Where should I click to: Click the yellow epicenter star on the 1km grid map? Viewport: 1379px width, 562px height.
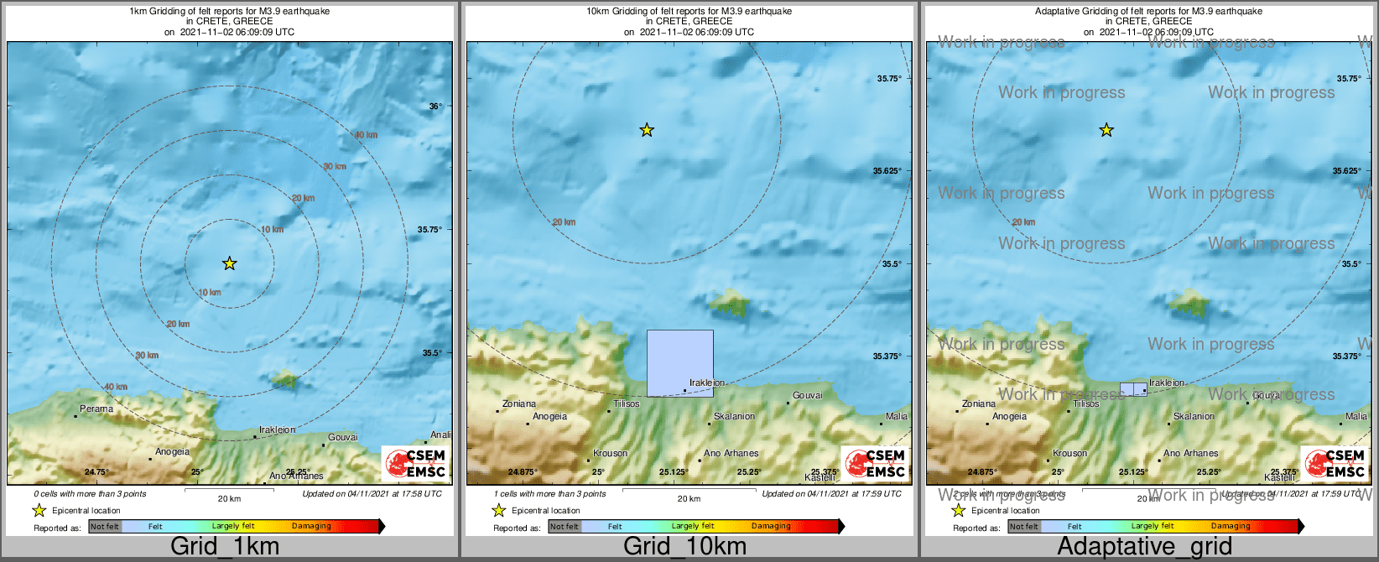229,263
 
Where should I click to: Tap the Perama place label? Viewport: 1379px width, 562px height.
96,409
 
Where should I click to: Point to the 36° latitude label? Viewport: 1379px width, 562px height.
435,107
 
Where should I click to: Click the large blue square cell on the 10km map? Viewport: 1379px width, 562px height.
679,362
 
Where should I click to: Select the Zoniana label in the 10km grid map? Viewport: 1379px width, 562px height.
519,404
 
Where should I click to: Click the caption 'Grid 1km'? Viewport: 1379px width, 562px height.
225,546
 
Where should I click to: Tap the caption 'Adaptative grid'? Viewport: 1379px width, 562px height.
1144,546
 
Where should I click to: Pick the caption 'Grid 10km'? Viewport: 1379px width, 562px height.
684,546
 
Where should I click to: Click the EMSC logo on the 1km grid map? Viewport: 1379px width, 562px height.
414,464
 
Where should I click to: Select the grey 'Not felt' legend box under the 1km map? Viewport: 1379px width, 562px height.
105,527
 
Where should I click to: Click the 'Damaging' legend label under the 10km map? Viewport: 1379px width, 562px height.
771,527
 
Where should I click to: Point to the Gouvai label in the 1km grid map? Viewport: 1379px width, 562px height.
342,437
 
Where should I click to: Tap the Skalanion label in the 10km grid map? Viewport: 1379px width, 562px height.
734,417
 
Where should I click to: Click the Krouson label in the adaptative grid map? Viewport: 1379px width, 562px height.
1069,454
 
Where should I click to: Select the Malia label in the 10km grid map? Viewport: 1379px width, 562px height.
897,417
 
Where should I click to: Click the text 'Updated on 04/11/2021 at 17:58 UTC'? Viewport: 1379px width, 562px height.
372,494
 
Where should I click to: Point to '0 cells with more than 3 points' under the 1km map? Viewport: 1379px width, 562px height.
91,494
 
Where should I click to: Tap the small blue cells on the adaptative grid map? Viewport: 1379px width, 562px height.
1133,389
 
